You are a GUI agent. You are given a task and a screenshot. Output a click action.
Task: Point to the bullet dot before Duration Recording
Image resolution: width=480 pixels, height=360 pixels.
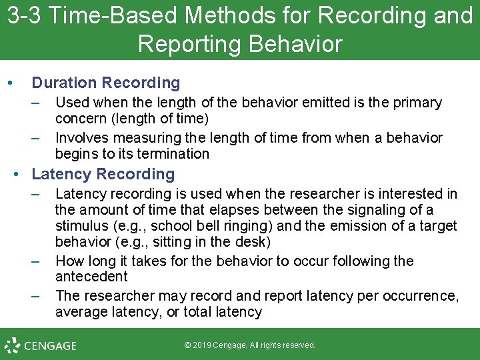[x=9, y=83]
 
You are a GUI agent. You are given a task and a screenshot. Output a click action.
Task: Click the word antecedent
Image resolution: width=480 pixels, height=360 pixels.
[x=91, y=277]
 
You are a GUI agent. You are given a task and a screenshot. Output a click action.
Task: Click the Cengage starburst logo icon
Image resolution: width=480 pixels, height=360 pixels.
[x=12, y=345]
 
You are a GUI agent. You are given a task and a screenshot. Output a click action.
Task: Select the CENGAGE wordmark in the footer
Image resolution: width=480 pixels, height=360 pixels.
[x=50, y=346]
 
